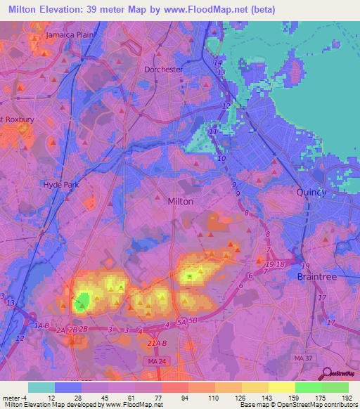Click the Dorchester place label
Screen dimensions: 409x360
[x=163, y=70]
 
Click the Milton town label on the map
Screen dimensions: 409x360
[x=181, y=201]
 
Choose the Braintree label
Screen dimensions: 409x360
[x=317, y=277]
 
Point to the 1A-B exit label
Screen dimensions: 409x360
[x=41, y=326]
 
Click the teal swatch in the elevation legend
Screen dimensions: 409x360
[x=41, y=387]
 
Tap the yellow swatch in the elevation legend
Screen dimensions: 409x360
[x=282, y=387]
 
